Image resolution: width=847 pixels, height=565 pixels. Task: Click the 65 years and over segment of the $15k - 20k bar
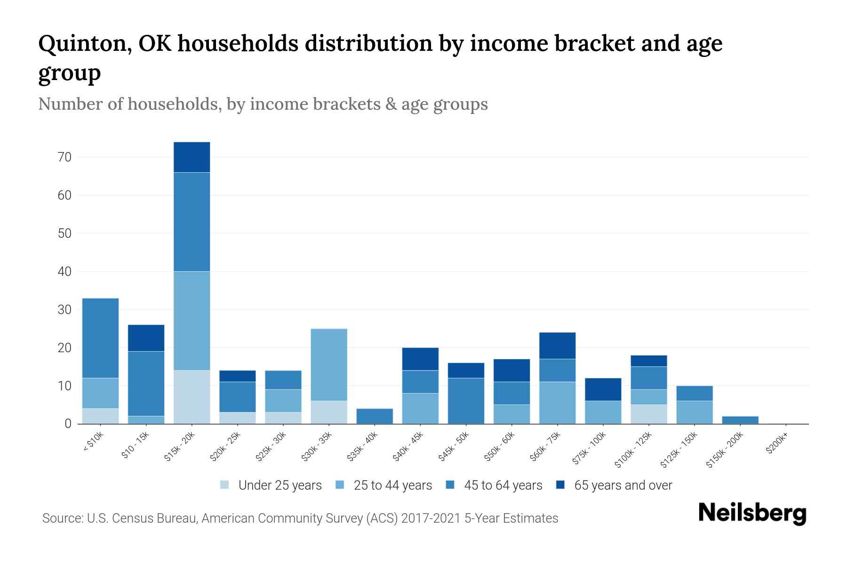tap(192, 157)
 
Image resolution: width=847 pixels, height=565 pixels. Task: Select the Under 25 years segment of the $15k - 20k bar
tap(192, 397)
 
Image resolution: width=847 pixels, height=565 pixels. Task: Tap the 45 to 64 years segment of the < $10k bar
tap(100, 338)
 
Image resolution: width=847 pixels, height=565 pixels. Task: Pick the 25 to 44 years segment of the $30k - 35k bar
tap(329, 365)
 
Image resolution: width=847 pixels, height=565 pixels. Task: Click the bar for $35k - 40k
tap(375, 416)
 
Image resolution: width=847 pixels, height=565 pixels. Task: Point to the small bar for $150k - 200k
tap(740, 420)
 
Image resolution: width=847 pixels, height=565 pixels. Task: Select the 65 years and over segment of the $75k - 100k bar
tap(603, 389)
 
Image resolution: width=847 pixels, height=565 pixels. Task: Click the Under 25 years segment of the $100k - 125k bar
tap(649, 414)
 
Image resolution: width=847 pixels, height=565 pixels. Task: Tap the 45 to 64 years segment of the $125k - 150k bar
tap(695, 393)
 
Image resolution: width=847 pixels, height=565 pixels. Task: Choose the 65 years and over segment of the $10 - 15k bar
tap(146, 338)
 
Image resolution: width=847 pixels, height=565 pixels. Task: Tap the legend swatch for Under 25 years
tap(225, 484)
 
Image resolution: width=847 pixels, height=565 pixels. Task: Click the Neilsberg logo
tap(752, 513)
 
